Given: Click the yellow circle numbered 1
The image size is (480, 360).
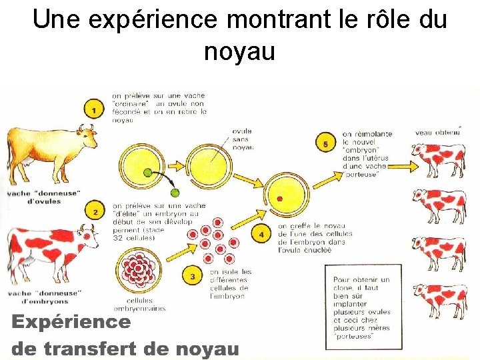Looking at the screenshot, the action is coord(95,109).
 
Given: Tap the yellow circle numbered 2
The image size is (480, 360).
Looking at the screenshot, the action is coord(96,212).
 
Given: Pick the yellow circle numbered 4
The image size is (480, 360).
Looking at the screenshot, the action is coord(262,234).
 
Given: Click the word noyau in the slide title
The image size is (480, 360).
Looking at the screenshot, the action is coord(239,51).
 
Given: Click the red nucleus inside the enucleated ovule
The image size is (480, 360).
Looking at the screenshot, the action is coord(281,199).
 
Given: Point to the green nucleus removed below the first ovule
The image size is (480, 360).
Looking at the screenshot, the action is coord(175,192).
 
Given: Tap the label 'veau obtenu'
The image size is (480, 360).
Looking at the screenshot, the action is coord(437,132).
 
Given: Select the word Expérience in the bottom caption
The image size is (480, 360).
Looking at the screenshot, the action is coord(71,323).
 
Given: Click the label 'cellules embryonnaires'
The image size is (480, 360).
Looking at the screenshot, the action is coord(140,304).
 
